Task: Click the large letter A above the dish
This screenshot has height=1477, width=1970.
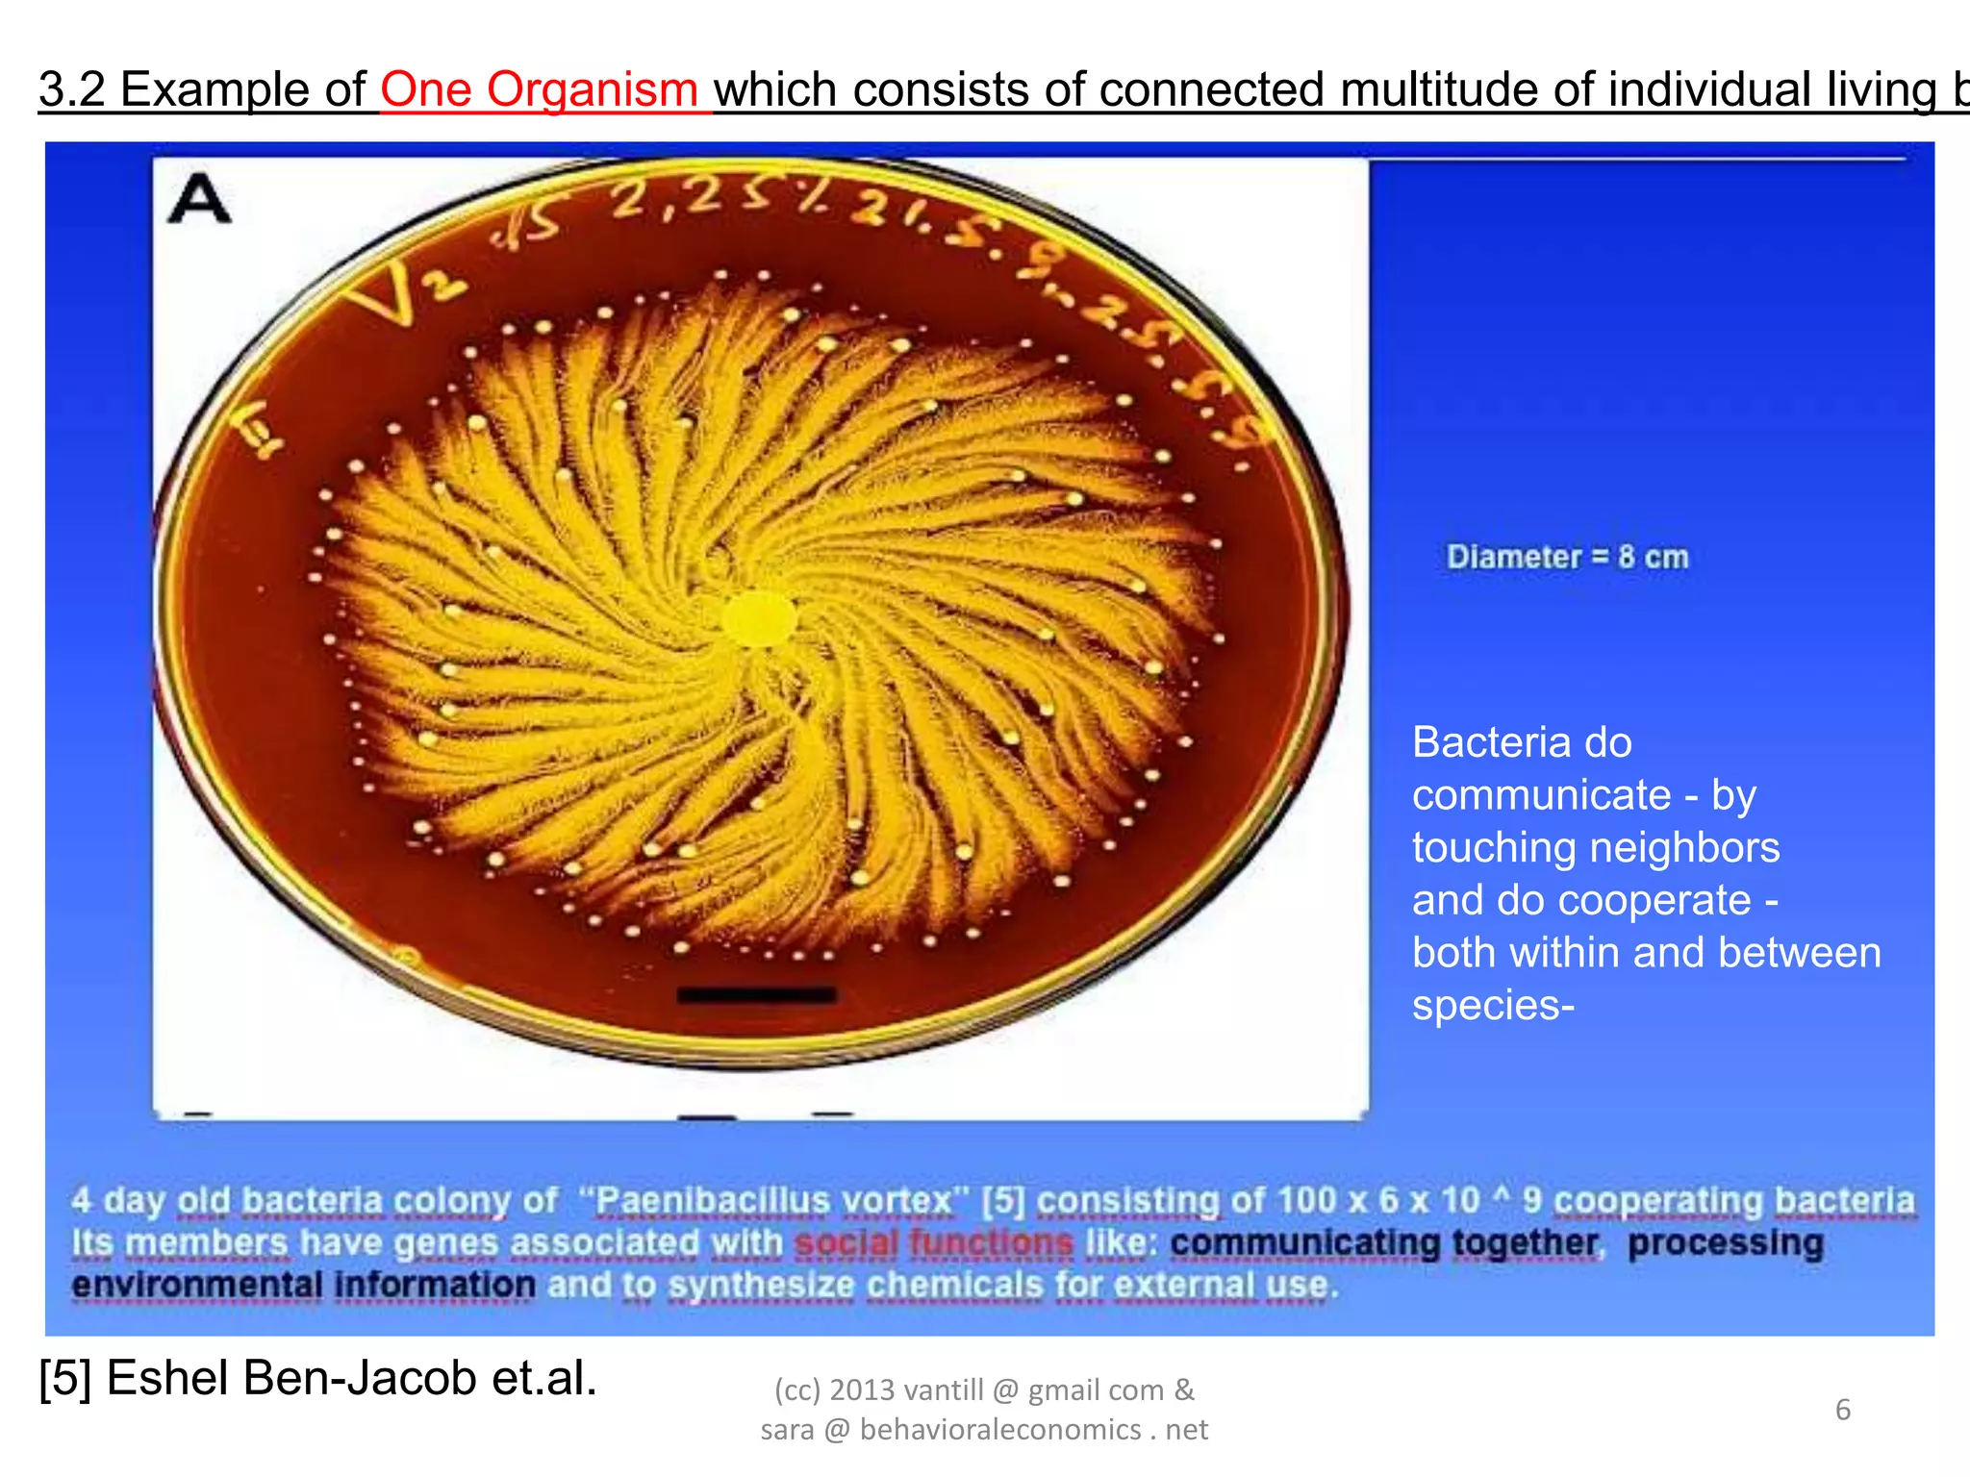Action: coord(200,200)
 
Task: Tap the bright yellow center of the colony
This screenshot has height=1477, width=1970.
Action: coord(759,618)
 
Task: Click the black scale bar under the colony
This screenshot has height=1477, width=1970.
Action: coord(756,994)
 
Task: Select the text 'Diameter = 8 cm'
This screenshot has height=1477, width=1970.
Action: coord(1567,557)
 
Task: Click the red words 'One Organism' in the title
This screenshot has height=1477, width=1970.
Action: coord(539,89)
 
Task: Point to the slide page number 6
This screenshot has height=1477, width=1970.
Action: coord(1842,1410)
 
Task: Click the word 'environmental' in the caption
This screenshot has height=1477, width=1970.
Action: coord(197,1285)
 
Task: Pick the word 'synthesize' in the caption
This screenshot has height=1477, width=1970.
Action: coord(761,1285)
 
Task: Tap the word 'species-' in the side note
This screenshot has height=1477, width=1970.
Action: coord(1492,1005)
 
